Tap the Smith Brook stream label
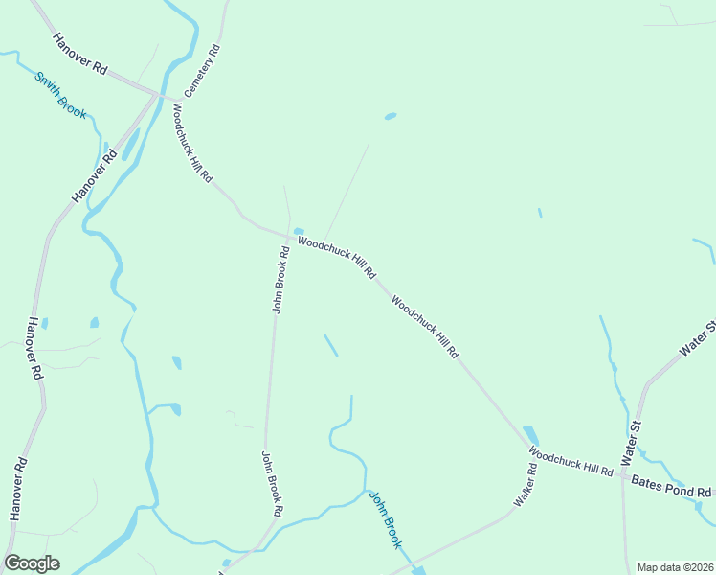point(60,96)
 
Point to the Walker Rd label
point(524,486)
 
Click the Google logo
point(32,563)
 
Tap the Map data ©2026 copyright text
point(675,567)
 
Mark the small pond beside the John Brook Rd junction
point(299,231)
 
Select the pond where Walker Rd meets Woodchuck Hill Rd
point(530,435)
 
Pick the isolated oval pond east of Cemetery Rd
point(390,117)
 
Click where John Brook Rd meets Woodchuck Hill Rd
point(289,236)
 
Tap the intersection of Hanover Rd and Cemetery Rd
point(157,94)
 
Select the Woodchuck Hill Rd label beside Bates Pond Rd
point(571,463)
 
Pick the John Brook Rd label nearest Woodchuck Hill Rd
point(280,281)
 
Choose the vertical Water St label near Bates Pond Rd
point(630,440)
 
